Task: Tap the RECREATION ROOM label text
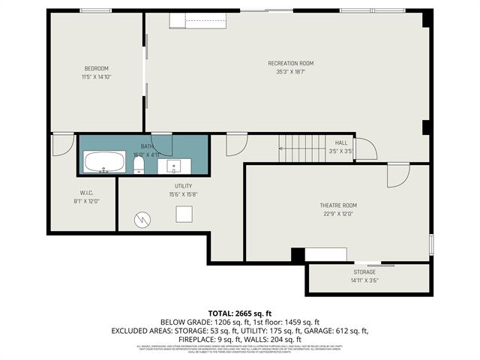pyautogui.click(x=290, y=63)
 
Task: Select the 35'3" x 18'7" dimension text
pyautogui.click(x=290, y=72)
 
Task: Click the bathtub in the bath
pyautogui.click(x=104, y=162)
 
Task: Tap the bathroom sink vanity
pyautogui.click(x=174, y=165)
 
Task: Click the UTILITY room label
pyautogui.click(x=183, y=186)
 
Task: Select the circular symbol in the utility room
pyautogui.click(x=141, y=220)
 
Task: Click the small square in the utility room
pyautogui.click(x=184, y=214)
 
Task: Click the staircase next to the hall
pyautogui.click(x=298, y=148)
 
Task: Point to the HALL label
pyautogui.click(x=341, y=142)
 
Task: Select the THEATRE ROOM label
pyautogui.click(x=338, y=205)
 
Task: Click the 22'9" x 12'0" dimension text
pyautogui.click(x=338, y=214)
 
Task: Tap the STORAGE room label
pyautogui.click(x=364, y=271)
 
